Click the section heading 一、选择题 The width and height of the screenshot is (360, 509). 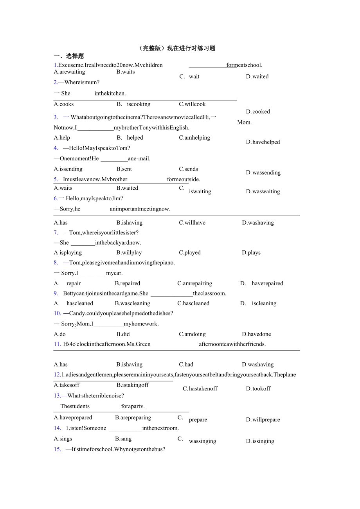pos(69,56)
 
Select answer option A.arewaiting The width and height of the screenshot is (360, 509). pos(69,72)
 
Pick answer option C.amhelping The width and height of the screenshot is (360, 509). pos(194,138)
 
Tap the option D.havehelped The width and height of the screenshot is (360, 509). pos(263,142)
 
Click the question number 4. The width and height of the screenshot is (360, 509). pos(56,148)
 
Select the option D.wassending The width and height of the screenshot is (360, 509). pos(263,173)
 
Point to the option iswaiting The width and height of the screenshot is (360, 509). pos(200,192)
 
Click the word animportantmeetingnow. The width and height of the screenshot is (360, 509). pos(140,209)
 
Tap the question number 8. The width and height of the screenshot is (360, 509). pos(56,263)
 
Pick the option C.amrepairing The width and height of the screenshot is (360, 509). pos(194,284)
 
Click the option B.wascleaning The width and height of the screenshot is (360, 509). pos(133,304)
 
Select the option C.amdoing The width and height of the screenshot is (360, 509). pos(192,335)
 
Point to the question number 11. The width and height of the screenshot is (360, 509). pos(58,344)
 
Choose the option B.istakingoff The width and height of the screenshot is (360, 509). pos(133,385)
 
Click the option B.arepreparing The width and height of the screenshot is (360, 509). pos(133,417)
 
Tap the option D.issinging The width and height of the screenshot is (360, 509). pos(260,441)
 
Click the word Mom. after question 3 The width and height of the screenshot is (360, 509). pos(245,122)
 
